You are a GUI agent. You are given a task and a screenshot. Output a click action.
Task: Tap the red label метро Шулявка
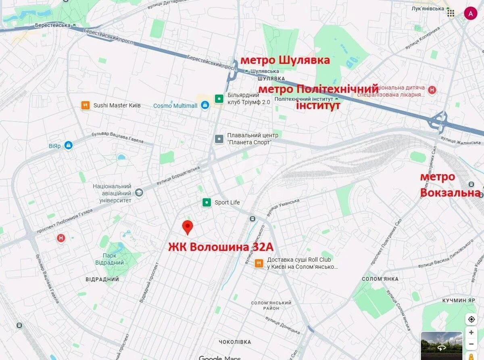coord(285,60)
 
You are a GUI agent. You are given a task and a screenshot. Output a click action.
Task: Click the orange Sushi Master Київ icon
coord(85,105)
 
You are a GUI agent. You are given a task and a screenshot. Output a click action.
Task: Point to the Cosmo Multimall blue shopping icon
coord(205,106)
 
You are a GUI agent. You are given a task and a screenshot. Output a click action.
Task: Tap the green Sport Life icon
coord(207,202)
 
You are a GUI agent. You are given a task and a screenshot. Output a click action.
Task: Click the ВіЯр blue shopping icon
coord(68,145)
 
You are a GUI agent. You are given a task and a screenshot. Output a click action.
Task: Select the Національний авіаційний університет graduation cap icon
coord(139,193)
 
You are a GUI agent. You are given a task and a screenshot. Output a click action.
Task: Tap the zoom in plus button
coord(471,333)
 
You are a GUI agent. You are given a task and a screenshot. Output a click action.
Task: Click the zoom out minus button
coord(471,344)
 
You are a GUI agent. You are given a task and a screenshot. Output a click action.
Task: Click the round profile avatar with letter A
coord(470,13)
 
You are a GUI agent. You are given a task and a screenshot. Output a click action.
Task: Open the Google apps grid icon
coord(451,13)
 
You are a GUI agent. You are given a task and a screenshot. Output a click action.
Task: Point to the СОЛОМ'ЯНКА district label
coord(380,279)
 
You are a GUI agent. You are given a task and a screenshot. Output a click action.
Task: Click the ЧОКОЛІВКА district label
coord(235,342)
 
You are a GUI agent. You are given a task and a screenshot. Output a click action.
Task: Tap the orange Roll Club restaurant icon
coord(259,263)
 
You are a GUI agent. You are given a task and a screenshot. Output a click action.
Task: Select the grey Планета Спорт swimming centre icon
coord(219,139)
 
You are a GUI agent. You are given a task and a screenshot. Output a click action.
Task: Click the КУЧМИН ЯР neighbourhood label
coord(459,301)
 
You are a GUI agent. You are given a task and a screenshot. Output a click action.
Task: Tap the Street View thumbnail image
coord(441,345)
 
